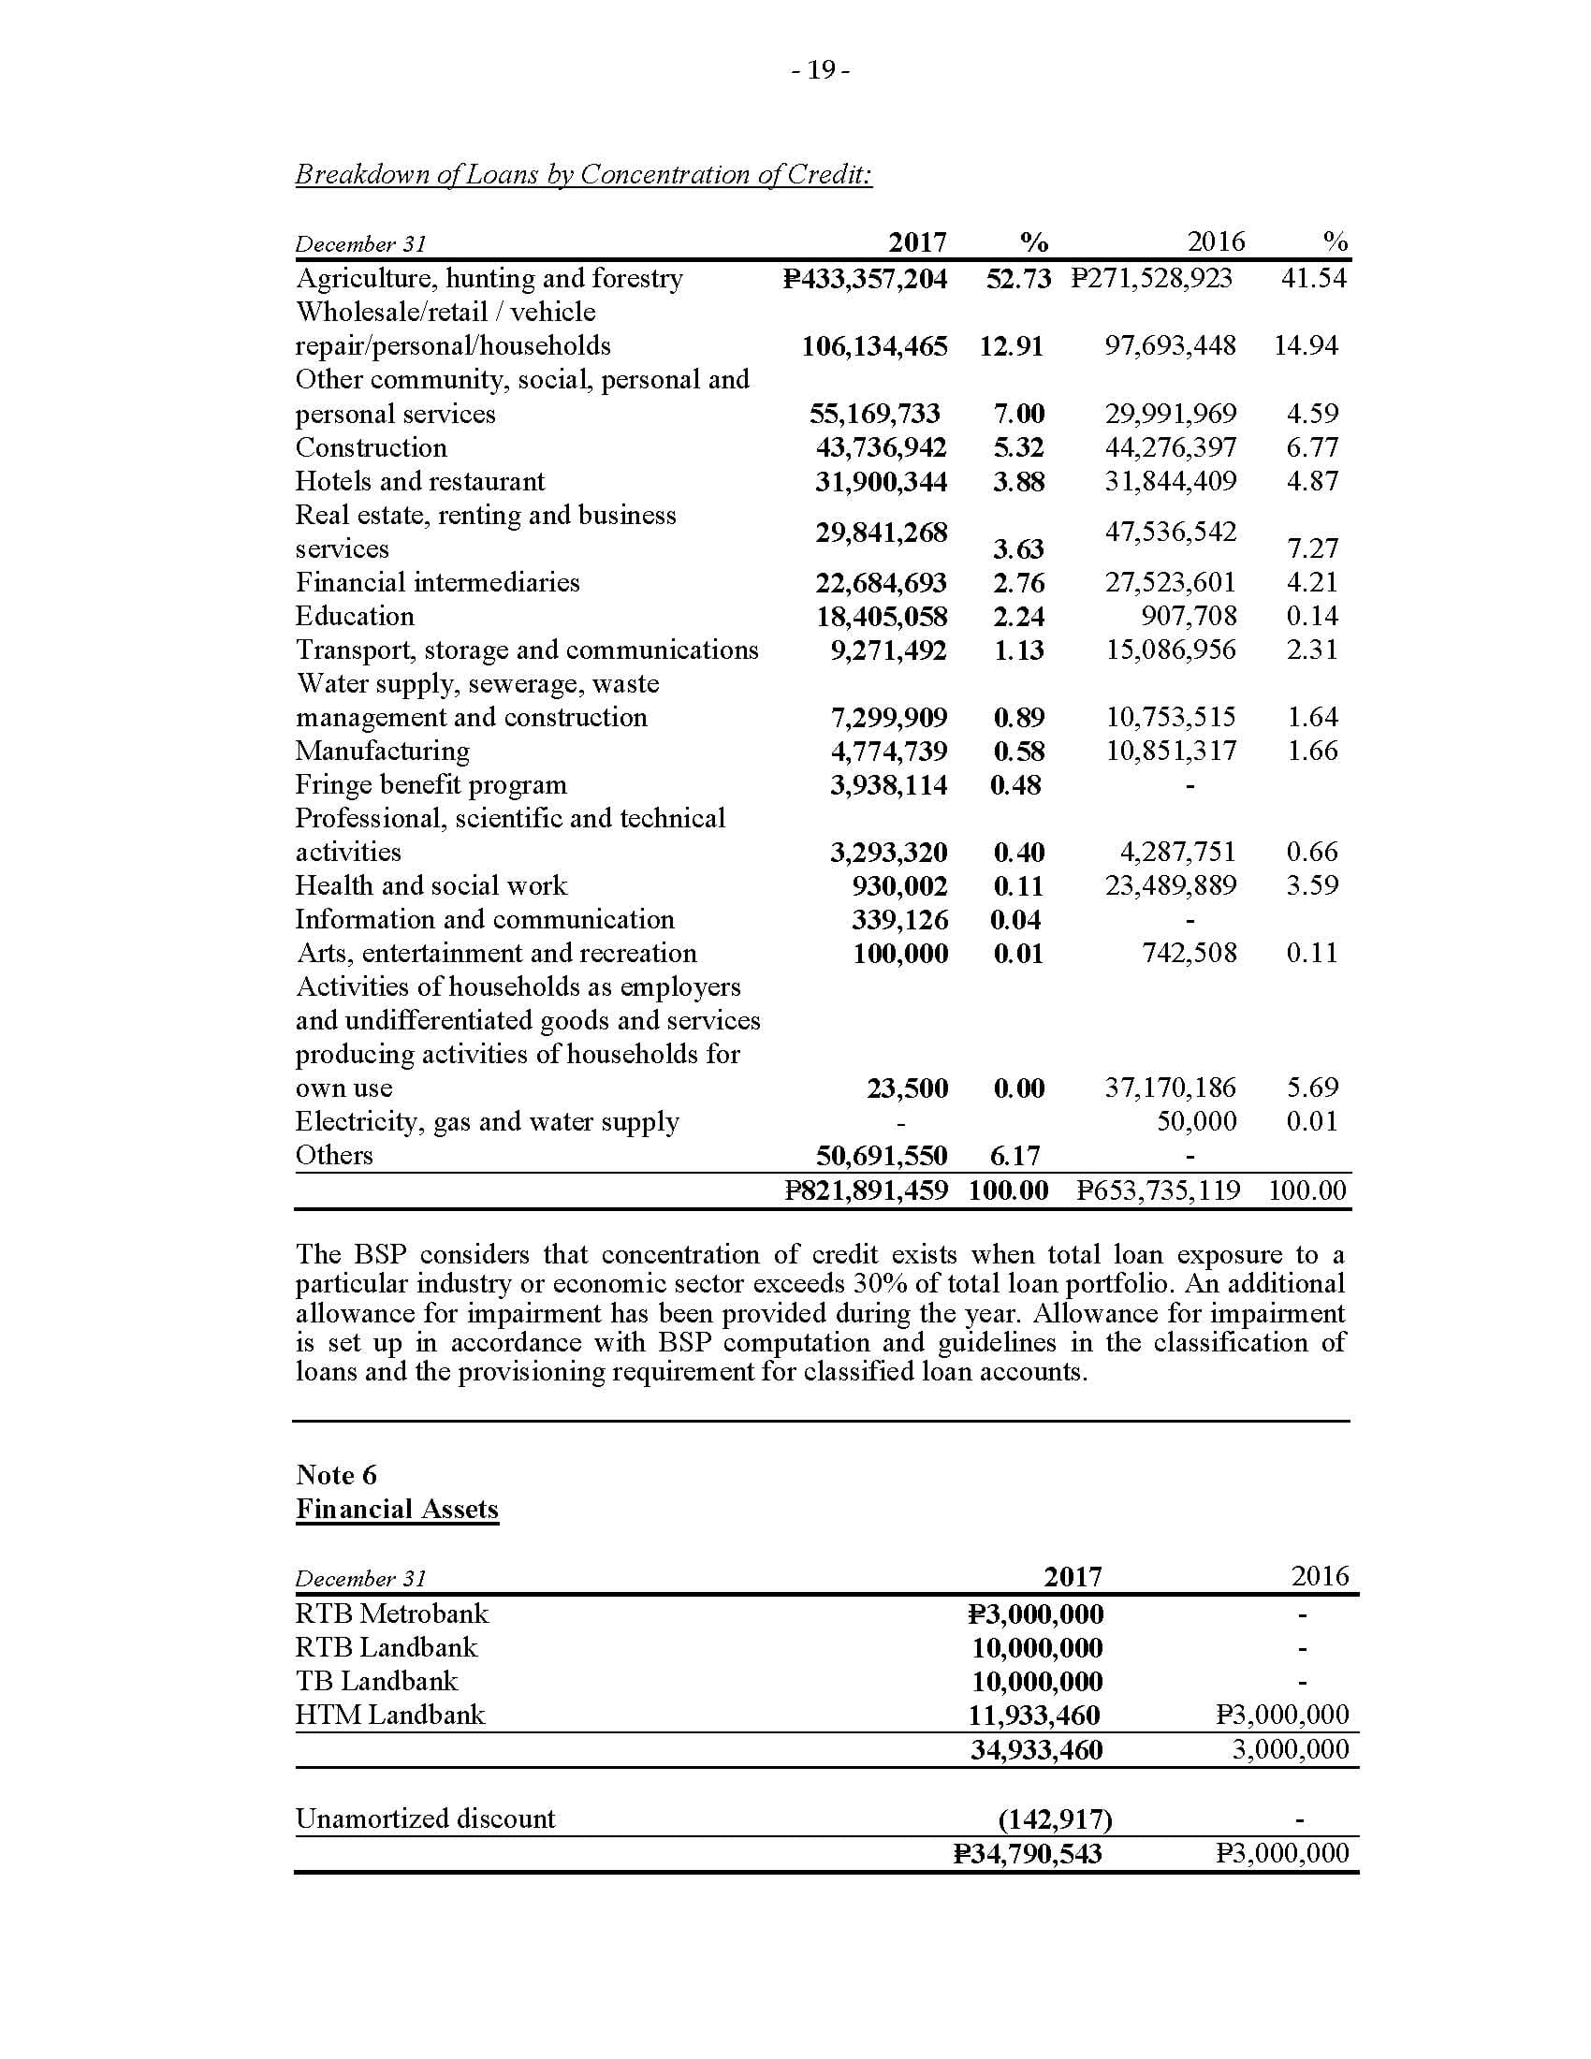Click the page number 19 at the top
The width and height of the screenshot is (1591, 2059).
point(821,71)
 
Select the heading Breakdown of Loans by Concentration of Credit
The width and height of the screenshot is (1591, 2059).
point(583,174)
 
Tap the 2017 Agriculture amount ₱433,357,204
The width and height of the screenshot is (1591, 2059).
point(866,278)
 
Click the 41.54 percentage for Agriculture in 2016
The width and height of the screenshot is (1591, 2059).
point(1313,278)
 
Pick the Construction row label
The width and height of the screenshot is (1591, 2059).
point(371,446)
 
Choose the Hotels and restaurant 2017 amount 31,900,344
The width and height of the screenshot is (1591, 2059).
point(881,481)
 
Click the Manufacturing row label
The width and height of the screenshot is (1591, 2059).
point(382,751)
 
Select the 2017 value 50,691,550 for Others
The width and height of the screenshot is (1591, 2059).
point(881,1155)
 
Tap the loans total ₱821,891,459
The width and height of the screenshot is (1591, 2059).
point(867,1190)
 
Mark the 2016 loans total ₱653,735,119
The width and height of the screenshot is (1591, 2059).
point(1159,1190)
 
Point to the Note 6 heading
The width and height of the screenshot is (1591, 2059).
point(336,1474)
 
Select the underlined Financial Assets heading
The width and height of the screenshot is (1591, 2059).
point(397,1509)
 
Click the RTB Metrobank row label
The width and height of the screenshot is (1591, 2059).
point(392,1614)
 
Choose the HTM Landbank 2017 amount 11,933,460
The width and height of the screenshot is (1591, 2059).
point(1035,1715)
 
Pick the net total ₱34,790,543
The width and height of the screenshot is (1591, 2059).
point(1028,1853)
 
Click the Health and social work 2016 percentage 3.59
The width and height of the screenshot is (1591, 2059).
point(1312,885)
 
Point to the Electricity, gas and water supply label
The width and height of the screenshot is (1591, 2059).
point(487,1121)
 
